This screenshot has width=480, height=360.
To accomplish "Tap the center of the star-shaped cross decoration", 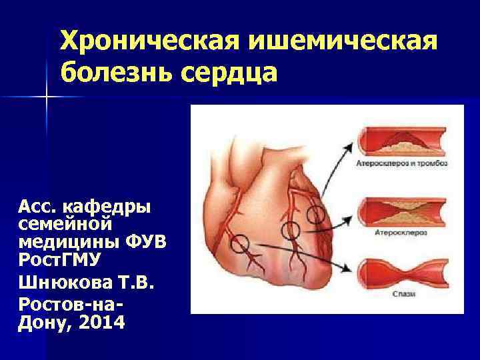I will [47, 97].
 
